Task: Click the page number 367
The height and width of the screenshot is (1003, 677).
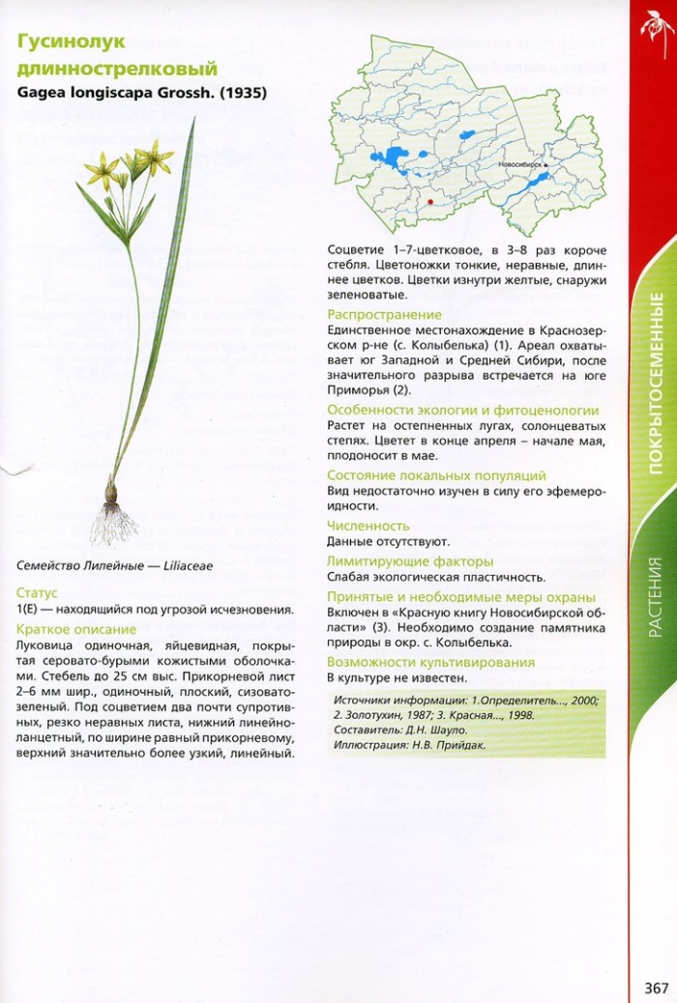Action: pos(656,987)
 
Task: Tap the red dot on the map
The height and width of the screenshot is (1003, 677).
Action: pos(430,201)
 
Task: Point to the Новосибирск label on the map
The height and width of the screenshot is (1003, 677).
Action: pos(520,166)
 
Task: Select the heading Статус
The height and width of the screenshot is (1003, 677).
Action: pos(37,592)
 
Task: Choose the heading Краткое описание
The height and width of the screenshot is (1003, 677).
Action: pos(76,629)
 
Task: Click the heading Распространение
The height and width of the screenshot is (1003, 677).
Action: pos(384,315)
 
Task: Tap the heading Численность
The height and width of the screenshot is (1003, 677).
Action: pos(368,526)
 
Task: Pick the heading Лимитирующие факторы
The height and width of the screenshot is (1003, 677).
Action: pos(410,561)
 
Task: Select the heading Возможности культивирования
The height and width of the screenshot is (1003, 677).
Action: pos(430,662)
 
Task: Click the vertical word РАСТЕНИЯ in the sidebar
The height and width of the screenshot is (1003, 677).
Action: pos(655,596)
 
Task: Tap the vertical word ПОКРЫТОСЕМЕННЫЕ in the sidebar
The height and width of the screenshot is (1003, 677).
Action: pos(655,387)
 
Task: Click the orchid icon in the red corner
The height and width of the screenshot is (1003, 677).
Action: pos(655,24)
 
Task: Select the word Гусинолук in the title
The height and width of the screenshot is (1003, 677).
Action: pos(72,43)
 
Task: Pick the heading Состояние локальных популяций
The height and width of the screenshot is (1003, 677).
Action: pos(436,475)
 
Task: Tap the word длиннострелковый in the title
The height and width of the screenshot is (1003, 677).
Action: pos(117,68)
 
